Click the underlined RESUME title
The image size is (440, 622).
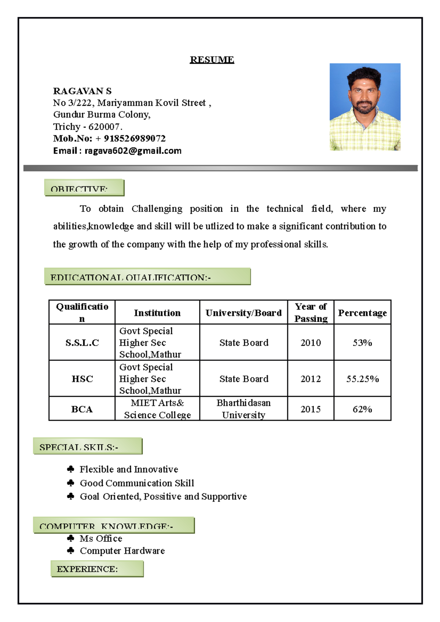click(x=212, y=60)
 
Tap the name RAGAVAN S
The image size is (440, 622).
click(x=82, y=91)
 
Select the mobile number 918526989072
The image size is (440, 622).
click(x=135, y=138)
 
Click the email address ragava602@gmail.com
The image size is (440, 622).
click(x=133, y=151)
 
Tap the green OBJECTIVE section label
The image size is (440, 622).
click(x=84, y=188)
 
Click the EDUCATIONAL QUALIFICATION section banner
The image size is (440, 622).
click(x=147, y=277)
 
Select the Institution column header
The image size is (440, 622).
click(x=157, y=313)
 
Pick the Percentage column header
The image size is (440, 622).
click(x=362, y=313)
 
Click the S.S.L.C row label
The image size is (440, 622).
click(x=82, y=343)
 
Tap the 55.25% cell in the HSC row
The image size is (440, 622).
click(x=362, y=379)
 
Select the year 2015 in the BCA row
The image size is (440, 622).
click(x=311, y=409)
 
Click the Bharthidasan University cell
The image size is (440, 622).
click(x=243, y=409)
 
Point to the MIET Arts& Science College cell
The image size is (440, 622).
click(x=157, y=409)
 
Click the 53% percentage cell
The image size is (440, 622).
click(x=362, y=343)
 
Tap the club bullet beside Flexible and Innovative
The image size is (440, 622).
click(x=71, y=469)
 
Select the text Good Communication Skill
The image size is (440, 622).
click(x=137, y=483)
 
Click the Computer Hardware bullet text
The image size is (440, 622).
click(x=122, y=551)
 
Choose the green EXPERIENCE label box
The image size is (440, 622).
click(x=97, y=569)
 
